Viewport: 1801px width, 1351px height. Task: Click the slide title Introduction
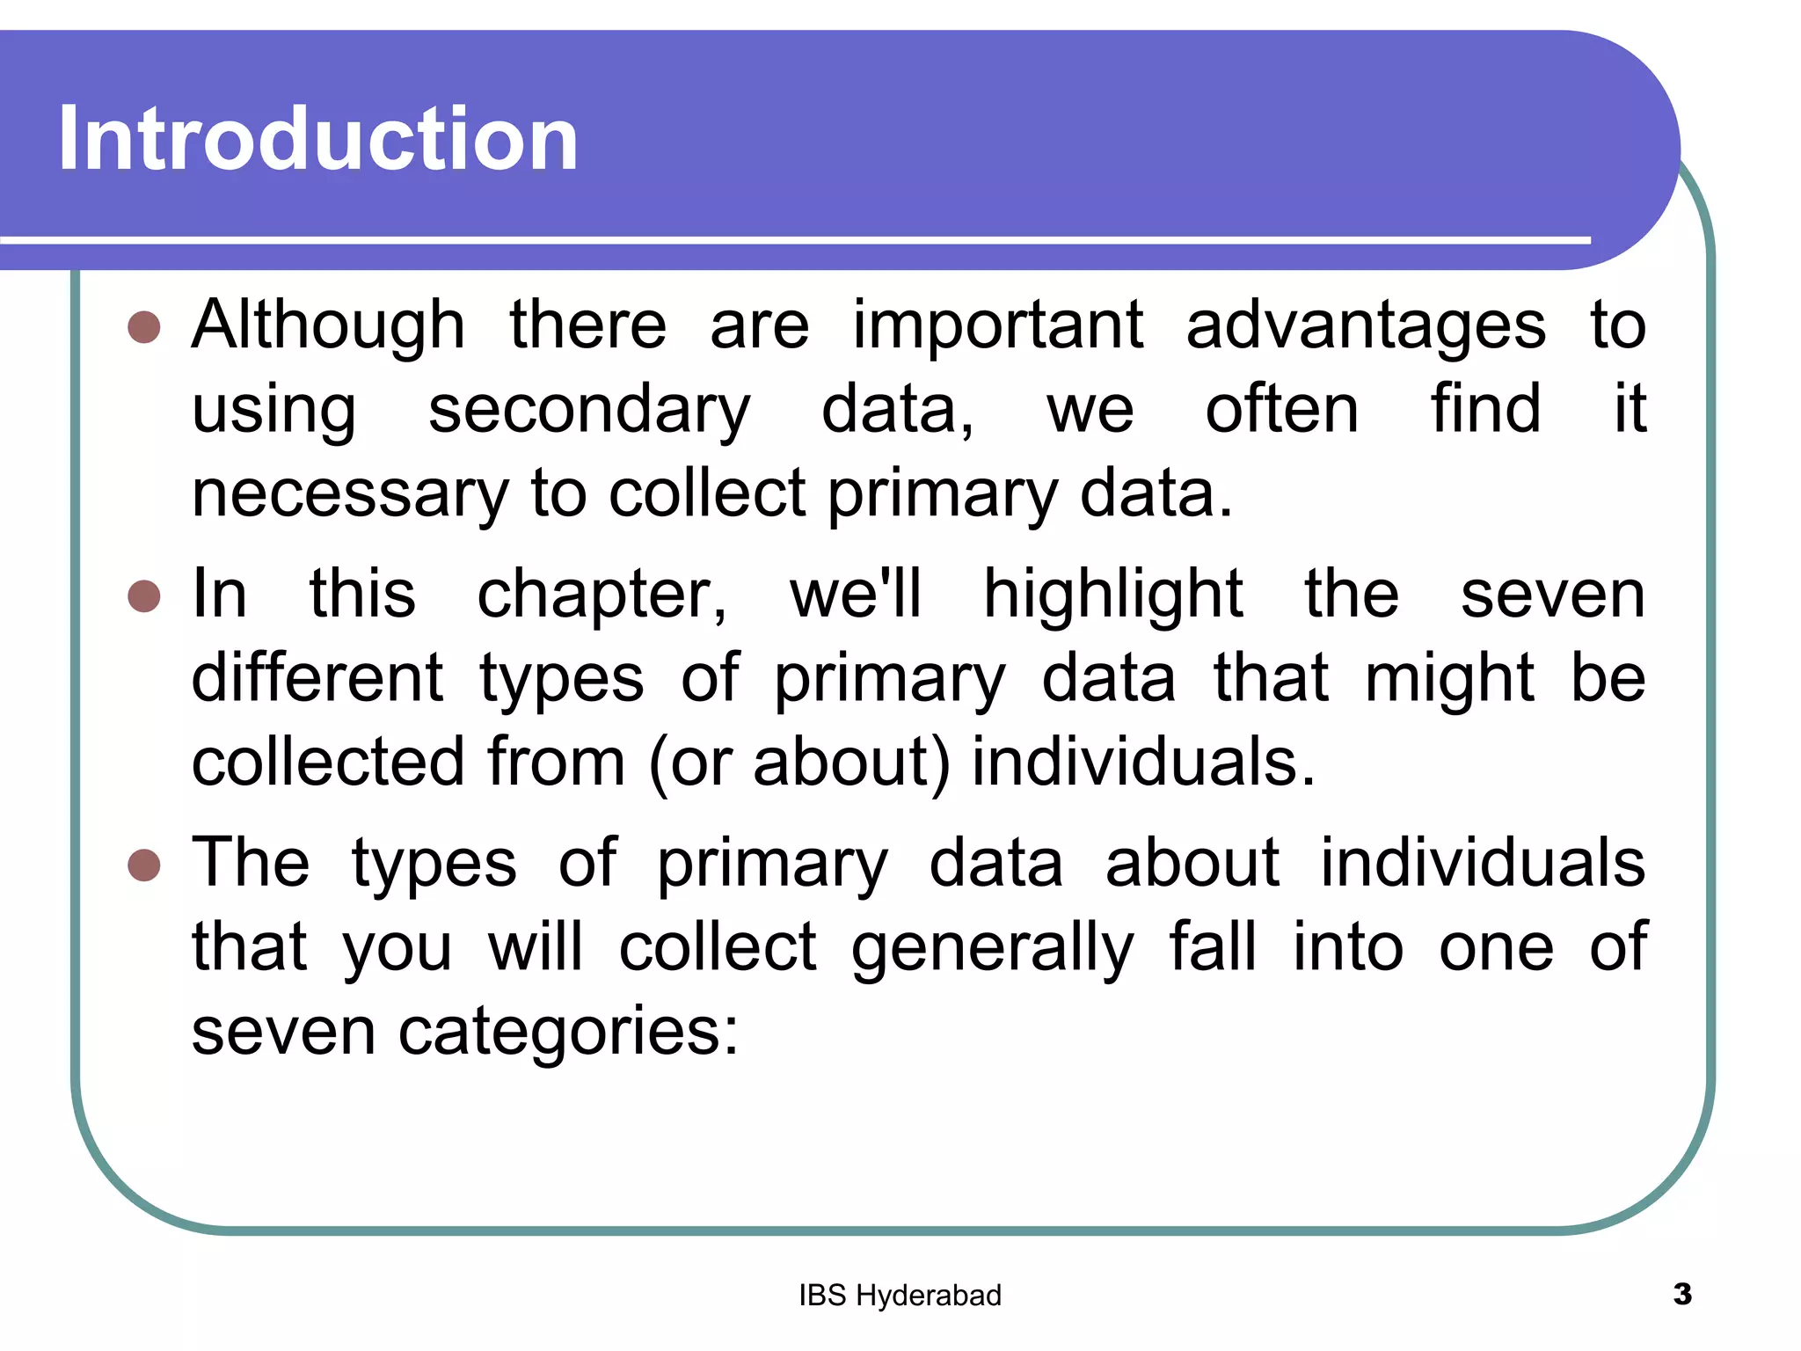click(x=317, y=138)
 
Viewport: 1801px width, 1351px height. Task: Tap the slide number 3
click(x=1682, y=1294)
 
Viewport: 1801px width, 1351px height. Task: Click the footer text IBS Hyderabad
click(x=900, y=1296)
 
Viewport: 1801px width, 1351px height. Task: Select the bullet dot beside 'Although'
click(x=144, y=327)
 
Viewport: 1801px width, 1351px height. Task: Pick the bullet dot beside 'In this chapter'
click(x=144, y=595)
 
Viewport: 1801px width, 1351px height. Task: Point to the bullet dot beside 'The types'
click(x=144, y=865)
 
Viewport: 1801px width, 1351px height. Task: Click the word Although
click(x=328, y=325)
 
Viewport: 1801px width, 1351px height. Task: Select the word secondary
click(x=589, y=410)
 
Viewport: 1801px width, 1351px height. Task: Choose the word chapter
click(x=602, y=595)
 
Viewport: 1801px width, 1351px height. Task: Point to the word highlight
click(x=1112, y=595)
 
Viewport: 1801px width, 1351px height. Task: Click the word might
click(x=1449, y=679)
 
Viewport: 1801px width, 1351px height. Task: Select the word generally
click(x=992, y=948)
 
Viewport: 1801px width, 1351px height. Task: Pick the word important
click(x=998, y=325)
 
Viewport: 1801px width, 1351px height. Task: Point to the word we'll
click(x=856, y=595)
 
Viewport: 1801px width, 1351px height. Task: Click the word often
click(x=1281, y=410)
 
